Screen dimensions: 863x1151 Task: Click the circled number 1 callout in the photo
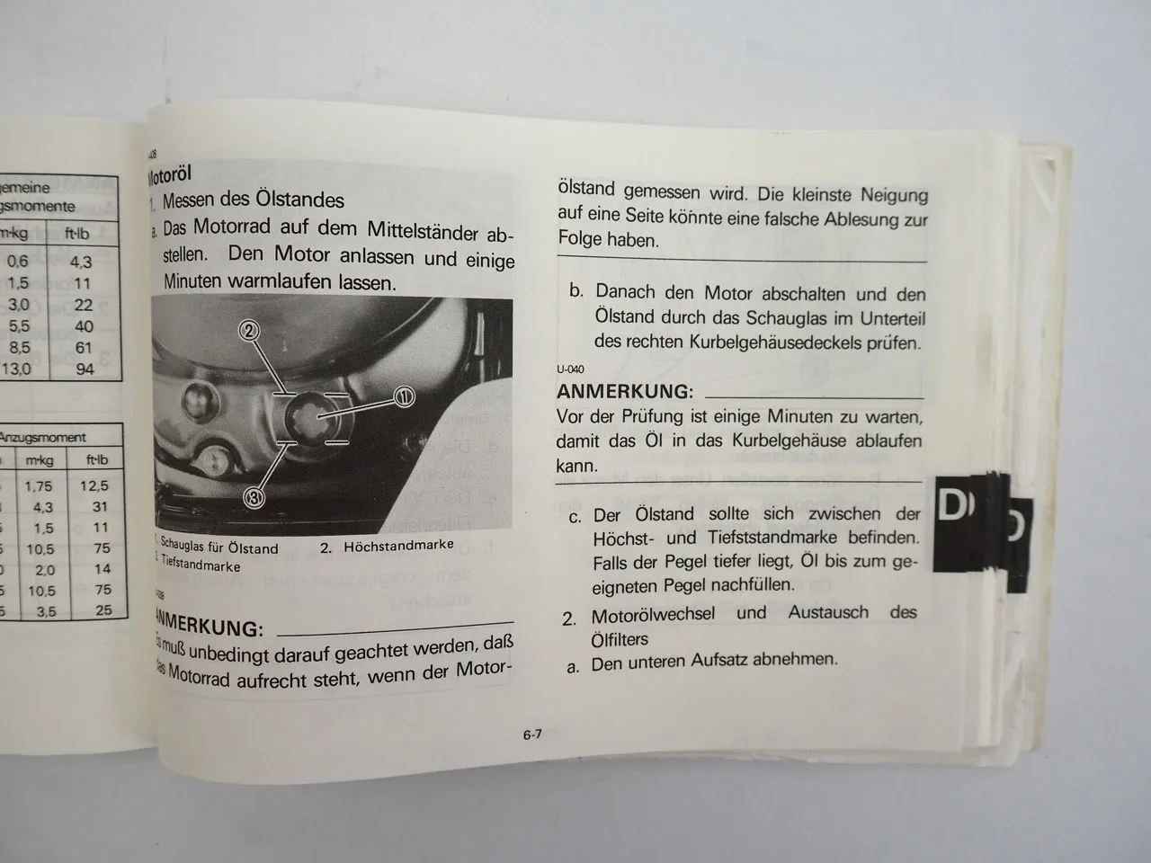pyautogui.click(x=404, y=397)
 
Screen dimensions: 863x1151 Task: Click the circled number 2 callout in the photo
pyautogui.click(x=249, y=331)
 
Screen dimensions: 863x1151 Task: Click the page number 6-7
pyautogui.click(x=531, y=734)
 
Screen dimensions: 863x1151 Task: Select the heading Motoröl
pyautogui.click(x=170, y=173)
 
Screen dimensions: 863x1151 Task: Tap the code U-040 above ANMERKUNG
pyautogui.click(x=570, y=369)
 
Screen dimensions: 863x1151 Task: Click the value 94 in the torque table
pyautogui.click(x=83, y=368)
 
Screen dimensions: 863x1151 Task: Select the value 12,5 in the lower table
pyautogui.click(x=94, y=485)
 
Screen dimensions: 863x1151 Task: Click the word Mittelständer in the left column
pyautogui.click(x=422, y=232)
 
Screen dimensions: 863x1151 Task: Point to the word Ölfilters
pyautogui.click(x=620, y=639)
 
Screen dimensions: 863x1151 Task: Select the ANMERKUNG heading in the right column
pyautogui.click(x=625, y=392)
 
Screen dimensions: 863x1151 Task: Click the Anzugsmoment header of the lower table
pyautogui.click(x=43, y=438)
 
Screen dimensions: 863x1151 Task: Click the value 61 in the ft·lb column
pyautogui.click(x=83, y=347)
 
